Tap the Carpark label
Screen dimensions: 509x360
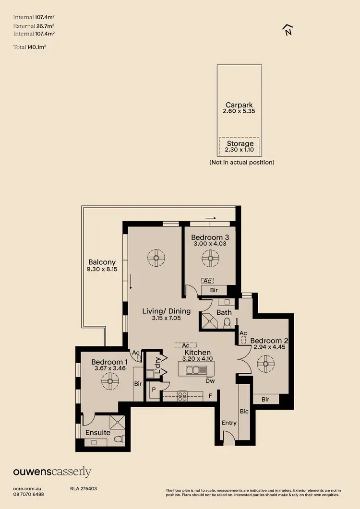(x=239, y=105)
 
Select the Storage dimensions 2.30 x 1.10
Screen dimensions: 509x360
(x=240, y=150)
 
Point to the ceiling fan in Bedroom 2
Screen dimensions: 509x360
(x=264, y=364)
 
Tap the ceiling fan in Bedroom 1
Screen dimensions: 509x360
(x=110, y=382)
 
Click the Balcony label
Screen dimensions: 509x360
(x=102, y=262)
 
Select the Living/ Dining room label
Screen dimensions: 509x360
(x=167, y=311)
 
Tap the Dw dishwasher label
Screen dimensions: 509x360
(x=210, y=381)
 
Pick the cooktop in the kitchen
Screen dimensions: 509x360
(x=182, y=396)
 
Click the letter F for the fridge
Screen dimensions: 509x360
(x=211, y=396)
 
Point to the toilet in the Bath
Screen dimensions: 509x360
(x=228, y=322)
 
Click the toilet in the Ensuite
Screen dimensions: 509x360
(x=122, y=438)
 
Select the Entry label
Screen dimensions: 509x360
(x=229, y=423)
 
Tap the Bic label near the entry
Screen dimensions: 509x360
(x=244, y=411)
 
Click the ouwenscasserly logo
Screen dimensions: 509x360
(x=52, y=472)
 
